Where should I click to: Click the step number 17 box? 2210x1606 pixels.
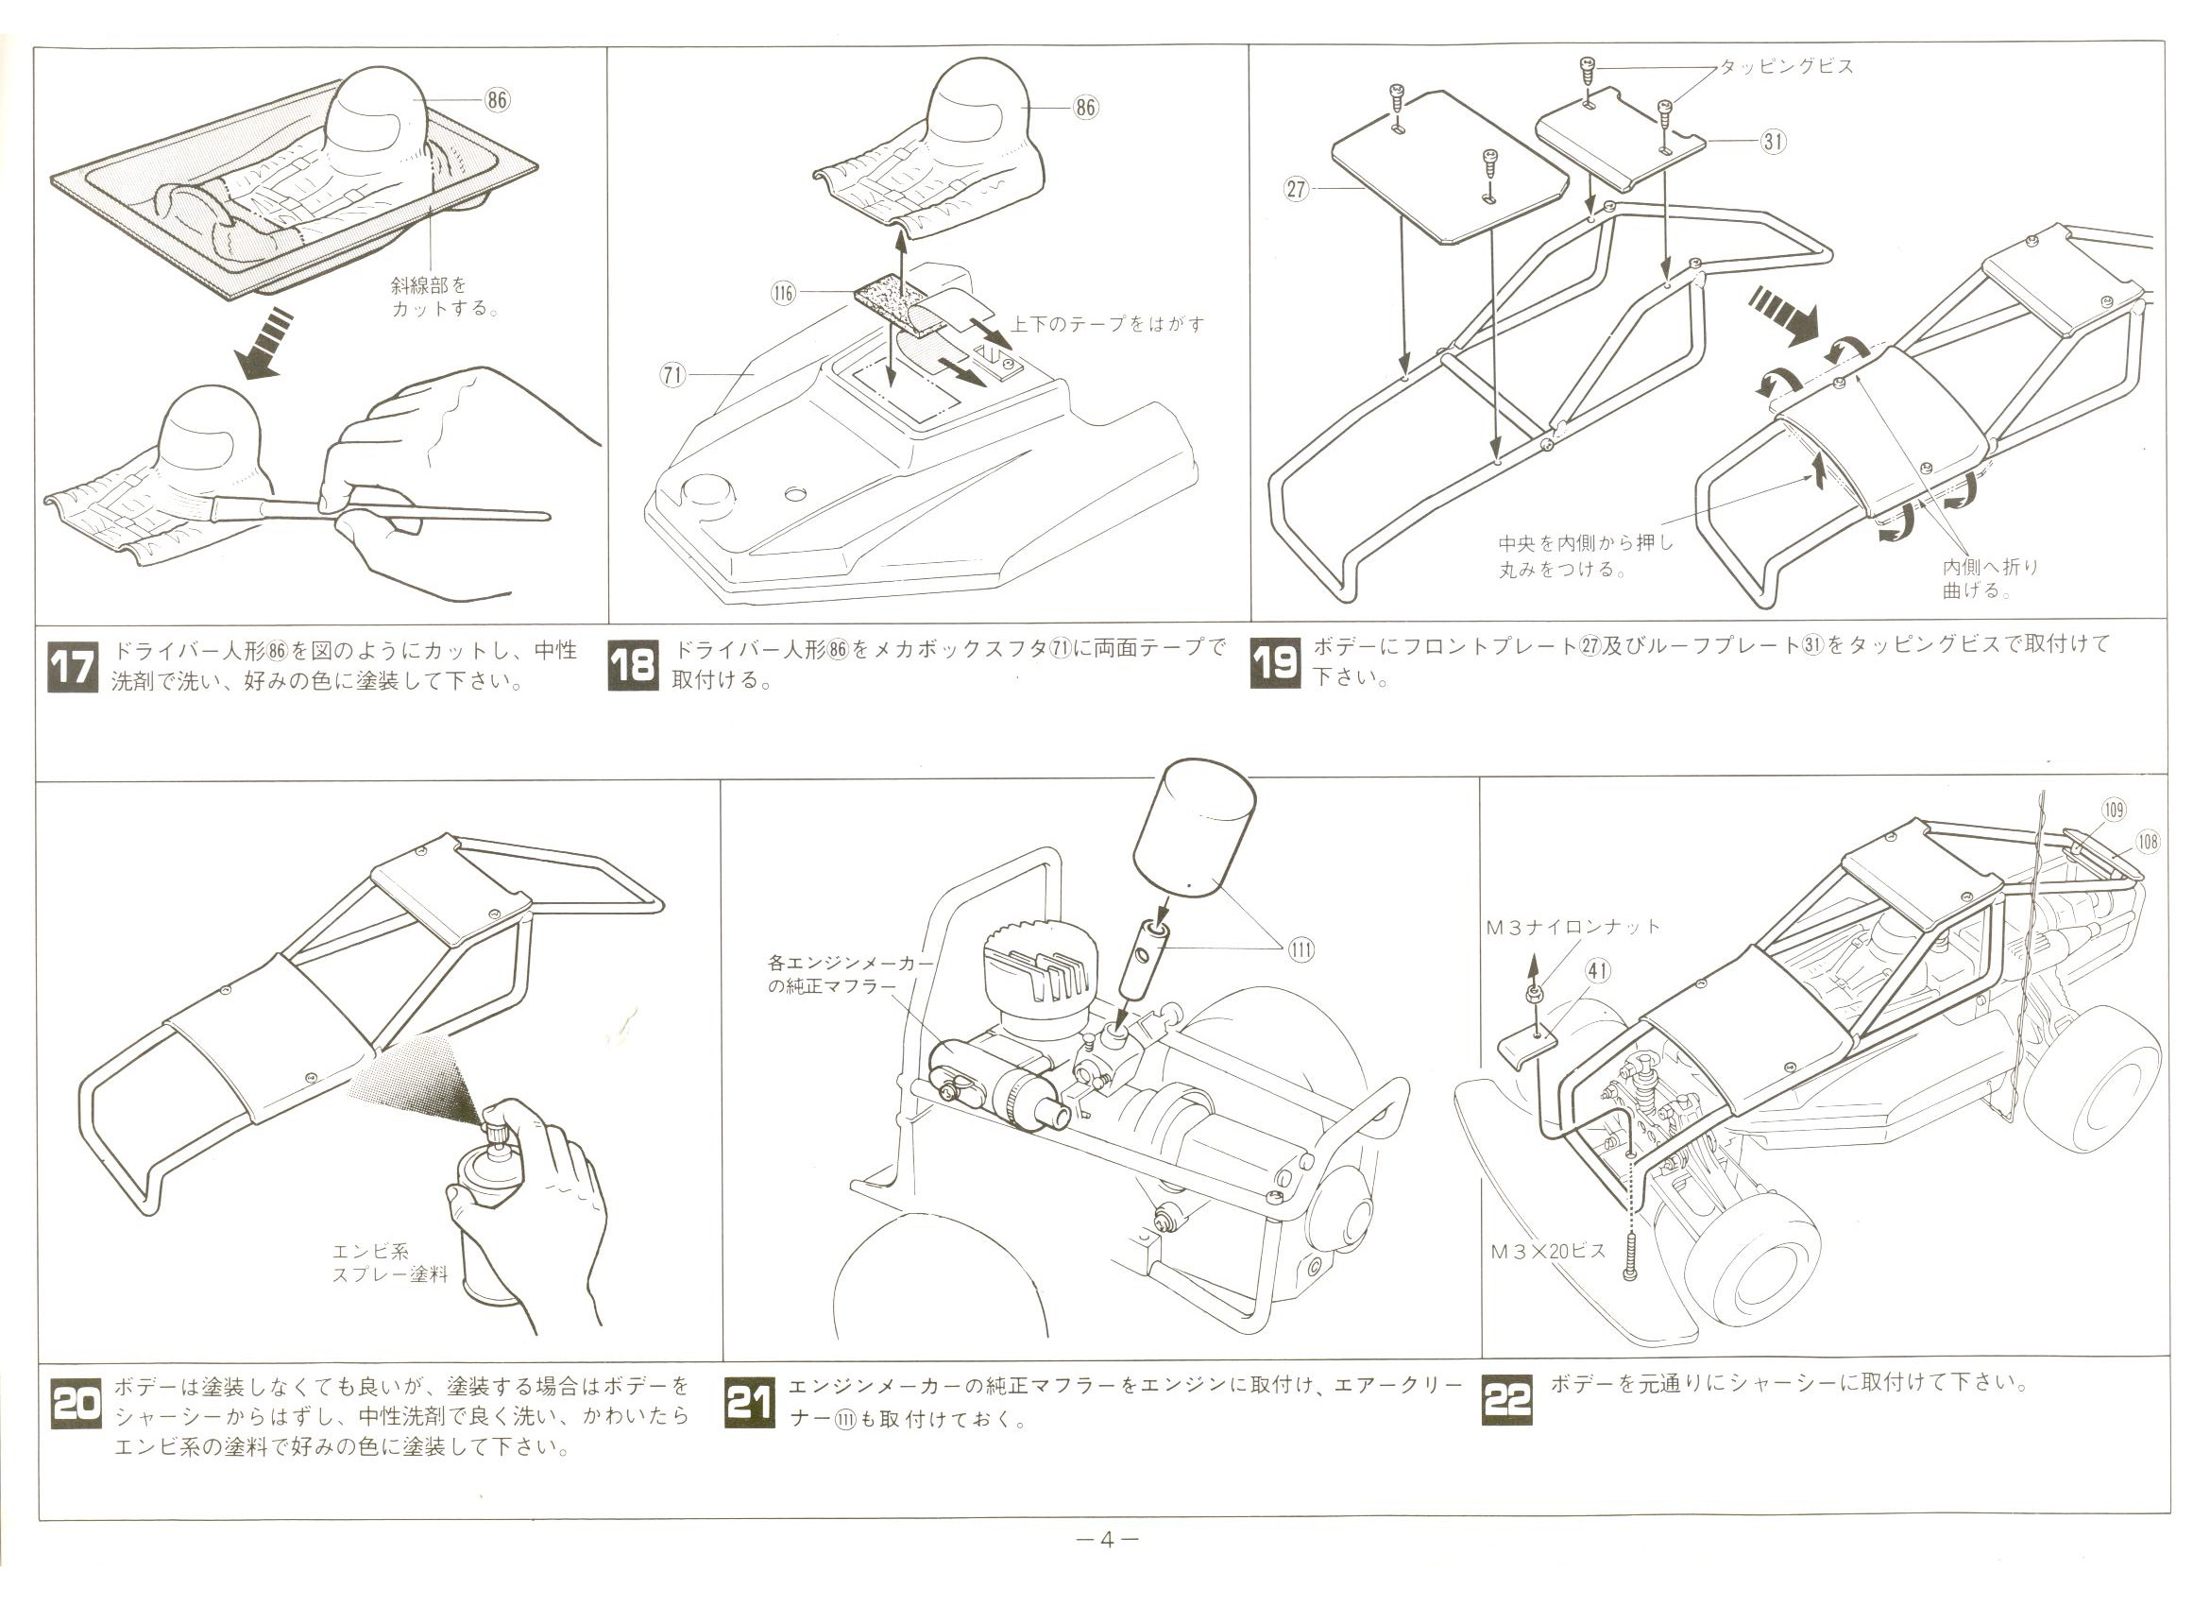(73, 667)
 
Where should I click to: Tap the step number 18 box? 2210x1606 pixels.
(633, 666)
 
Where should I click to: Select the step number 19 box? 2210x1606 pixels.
(1275, 662)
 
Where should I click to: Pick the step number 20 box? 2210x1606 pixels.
(76, 1404)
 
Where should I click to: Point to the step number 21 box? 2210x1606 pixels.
(750, 1404)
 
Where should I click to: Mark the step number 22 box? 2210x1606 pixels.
(1506, 1400)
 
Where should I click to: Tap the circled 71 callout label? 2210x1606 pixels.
(673, 375)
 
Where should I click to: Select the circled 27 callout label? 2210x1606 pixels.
(1296, 189)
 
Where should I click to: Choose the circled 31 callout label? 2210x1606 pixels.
(1773, 142)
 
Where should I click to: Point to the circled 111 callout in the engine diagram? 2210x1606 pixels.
(1300, 949)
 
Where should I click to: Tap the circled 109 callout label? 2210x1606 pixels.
(2114, 809)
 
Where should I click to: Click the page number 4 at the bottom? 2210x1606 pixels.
(1106, 1540)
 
